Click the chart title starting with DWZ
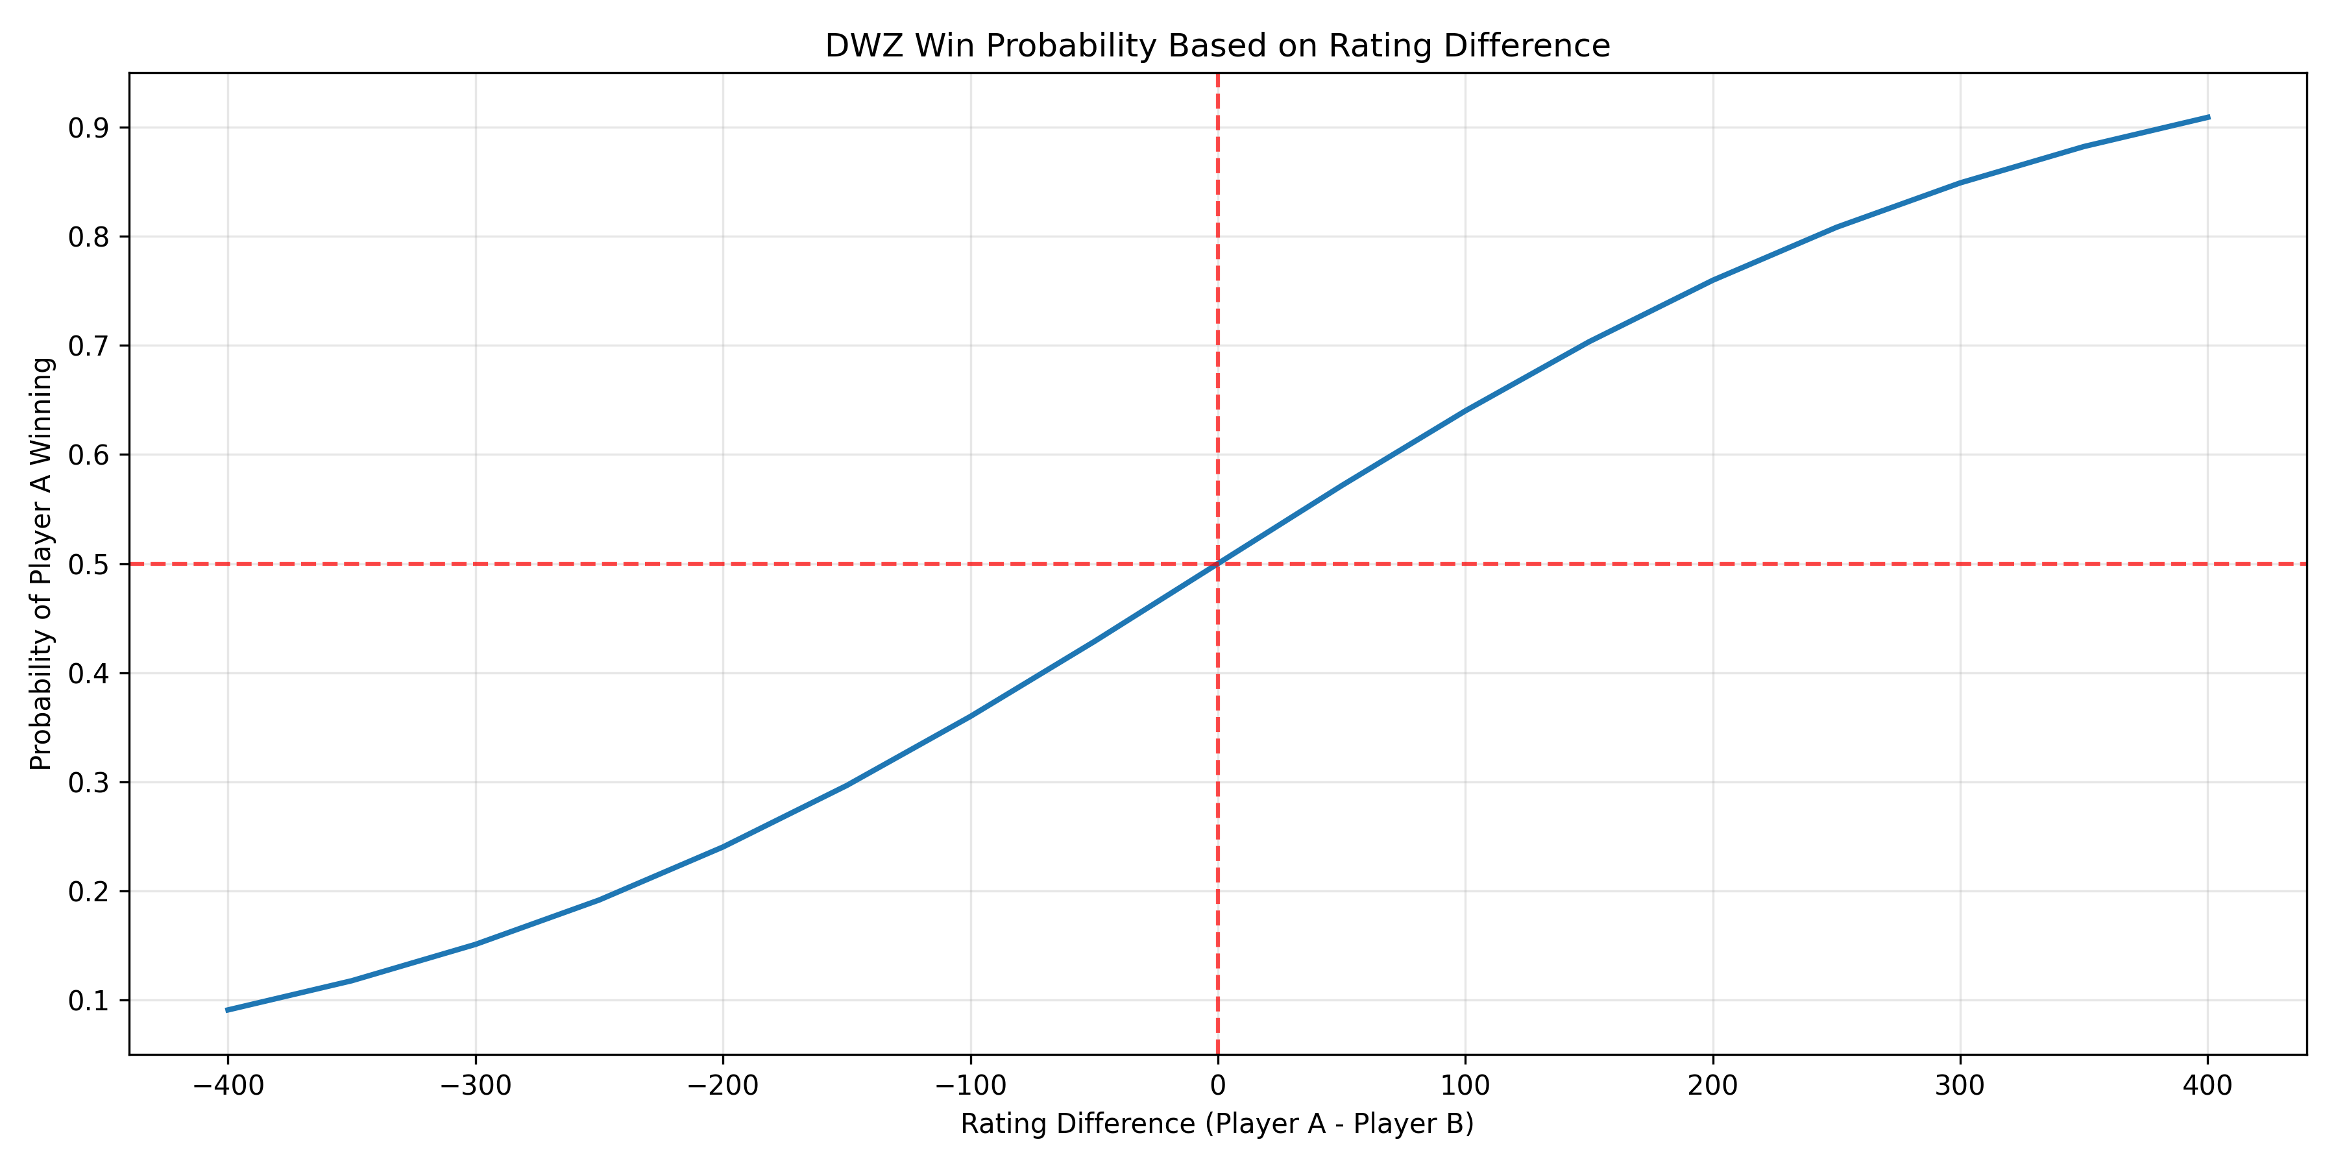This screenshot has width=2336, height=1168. pos(1217,45)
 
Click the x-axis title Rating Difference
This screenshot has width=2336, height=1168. pos(1217,1124)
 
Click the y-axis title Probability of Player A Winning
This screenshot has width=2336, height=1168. pos(42,563)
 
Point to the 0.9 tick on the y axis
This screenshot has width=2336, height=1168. pos(88,128)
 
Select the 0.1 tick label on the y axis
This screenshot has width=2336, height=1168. pos(88,1001)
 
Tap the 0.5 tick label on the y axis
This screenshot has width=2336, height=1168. pos(88,564)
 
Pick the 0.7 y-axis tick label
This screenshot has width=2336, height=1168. pos(88,347)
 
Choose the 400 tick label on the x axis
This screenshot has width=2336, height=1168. pos(2208,1086)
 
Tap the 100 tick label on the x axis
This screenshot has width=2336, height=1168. pos(1465,1086)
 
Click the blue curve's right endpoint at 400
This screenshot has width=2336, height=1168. pos(2208,117)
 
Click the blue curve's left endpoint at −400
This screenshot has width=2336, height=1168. pos(228,1009)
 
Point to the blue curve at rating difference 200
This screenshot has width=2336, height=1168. pos(1712,280)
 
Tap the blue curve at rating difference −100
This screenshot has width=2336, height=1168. pos(969,716)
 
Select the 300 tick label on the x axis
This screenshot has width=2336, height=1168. pos(1960,1086)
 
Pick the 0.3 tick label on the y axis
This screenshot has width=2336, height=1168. pos(88,783)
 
